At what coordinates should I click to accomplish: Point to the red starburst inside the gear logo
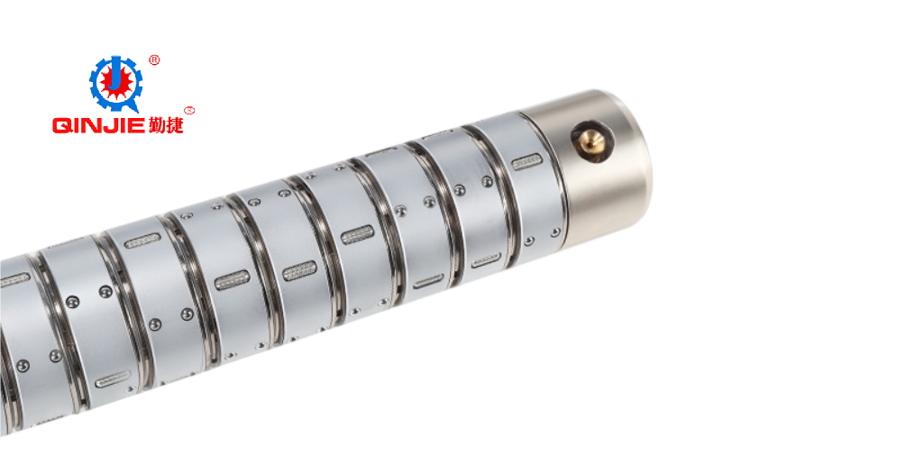tap(116, 84)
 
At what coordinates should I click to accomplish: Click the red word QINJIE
tap(98, 125)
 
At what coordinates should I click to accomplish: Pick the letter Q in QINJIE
tap(61, 125)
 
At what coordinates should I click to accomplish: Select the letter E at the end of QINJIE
tap(136, 125)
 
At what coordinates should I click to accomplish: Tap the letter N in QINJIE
tap(90, 125)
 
